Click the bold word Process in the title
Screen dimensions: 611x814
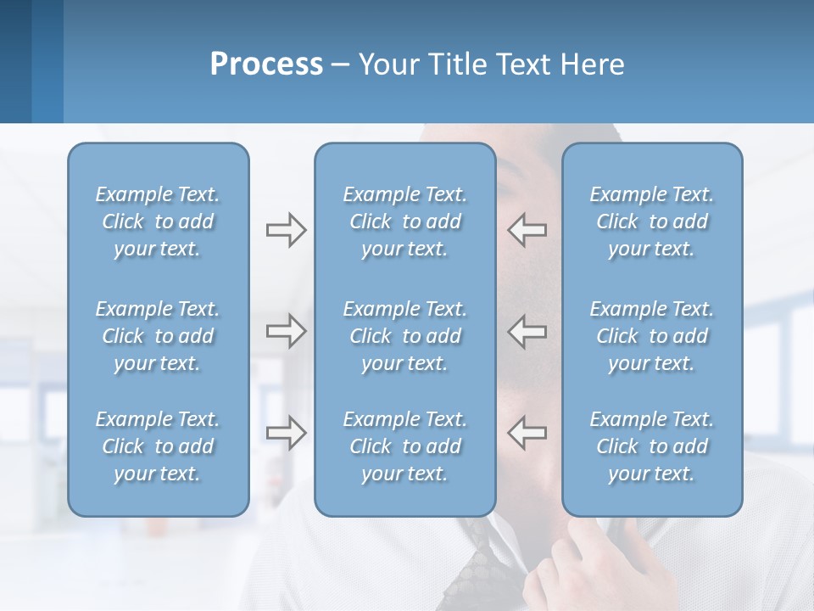[x=266, y=64]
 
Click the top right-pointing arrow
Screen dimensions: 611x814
[x=286, y=230]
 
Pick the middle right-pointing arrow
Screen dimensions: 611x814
[x=286, y=331]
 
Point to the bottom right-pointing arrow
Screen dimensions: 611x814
[x=286, y=433]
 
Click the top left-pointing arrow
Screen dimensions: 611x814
[x=527, y=230]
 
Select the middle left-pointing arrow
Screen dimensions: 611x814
[x=527, y=331]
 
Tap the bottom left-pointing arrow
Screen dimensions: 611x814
[x=527, y=433]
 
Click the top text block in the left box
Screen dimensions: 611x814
[x=158, y=221]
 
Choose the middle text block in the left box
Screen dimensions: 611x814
[x=158, y=336]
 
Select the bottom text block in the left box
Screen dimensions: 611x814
[x=158, y=446]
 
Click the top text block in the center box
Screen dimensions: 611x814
[x=404, y=221]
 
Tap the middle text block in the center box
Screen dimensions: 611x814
[x=404, y=336]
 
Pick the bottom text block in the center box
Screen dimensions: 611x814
[x=404, y=446]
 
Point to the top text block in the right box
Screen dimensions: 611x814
[x=651, y=221]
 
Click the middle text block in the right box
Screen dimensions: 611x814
[x=651, y=336]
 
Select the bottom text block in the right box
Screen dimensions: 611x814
[x=651, y=446]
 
